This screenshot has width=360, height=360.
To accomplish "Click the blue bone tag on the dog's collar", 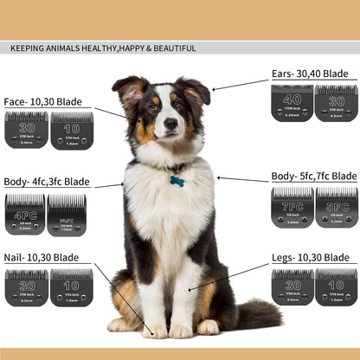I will coord(176,182).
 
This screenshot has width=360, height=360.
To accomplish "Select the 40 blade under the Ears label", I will coord(292,102).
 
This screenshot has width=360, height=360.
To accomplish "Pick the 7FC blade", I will coord(292,208).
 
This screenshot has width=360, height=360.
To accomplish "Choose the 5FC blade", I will coord(336,208).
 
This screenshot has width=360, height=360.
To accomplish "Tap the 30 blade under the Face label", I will coord(26,131).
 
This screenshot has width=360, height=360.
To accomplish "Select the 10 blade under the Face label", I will coord(71,131).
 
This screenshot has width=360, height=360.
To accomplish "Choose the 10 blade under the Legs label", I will coord(336,286).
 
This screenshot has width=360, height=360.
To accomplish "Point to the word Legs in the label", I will coord(285,258).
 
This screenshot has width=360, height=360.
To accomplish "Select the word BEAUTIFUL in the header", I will coord(173,48).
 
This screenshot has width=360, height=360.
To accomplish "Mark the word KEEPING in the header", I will coord(29,48).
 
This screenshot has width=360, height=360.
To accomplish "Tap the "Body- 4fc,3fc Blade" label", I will coord(48,183).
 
